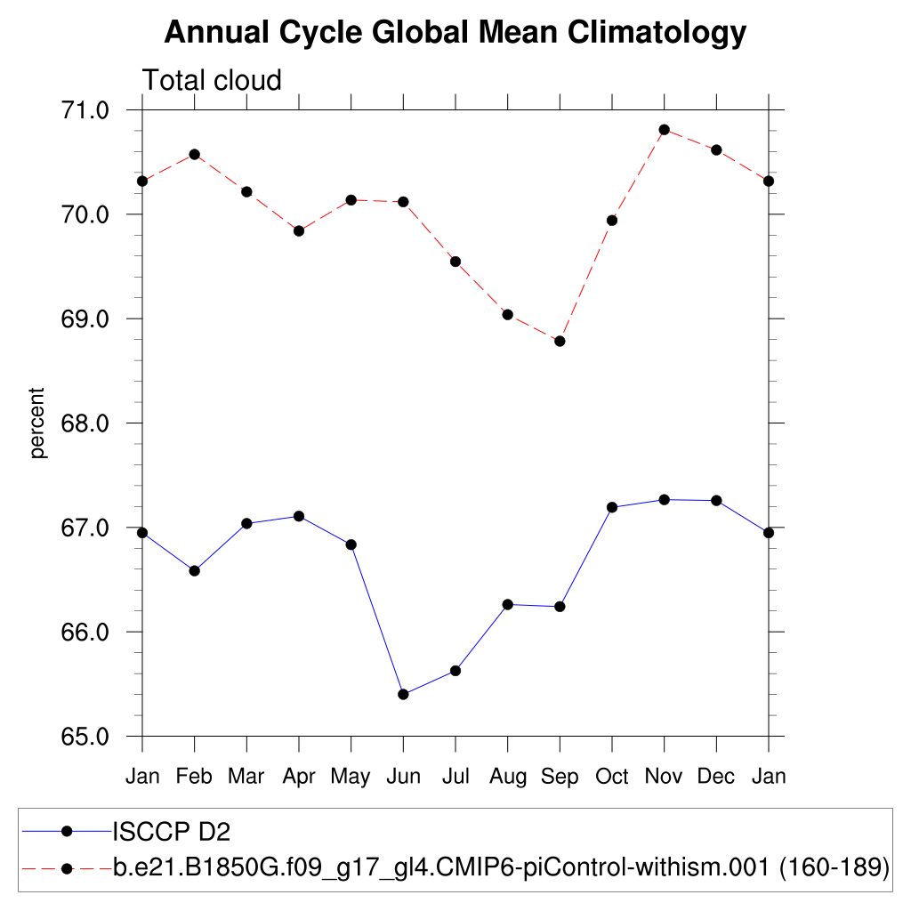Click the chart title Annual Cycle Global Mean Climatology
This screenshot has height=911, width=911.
[x=455, y=33]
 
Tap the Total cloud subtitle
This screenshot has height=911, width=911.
[x=212, y=80]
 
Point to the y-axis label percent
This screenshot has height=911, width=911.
[x=37, y=423]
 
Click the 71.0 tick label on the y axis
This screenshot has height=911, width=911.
[x=84, y=110]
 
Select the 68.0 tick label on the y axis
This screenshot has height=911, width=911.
[x=84, y=423]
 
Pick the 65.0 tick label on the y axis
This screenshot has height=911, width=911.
[x=84, y=737]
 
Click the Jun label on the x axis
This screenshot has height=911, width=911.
[x=403, y=777]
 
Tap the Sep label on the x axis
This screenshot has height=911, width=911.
[x=560, y=777]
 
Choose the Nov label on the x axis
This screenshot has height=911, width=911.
[x=664, y=777]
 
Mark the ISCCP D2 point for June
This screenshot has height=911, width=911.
[x=403, y=694]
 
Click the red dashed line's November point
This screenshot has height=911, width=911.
[x=664, y=130]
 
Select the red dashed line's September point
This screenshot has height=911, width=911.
[x=560, y=342]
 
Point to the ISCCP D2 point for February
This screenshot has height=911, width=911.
[x=194, y=570]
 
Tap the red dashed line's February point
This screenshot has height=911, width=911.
[x=194, y=154]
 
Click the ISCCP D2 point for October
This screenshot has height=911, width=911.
[x=612, y=507]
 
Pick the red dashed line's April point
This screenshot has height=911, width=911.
[x=299, y=230]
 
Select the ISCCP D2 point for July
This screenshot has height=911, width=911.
[x=455, y=671]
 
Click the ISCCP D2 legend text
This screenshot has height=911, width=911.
[x=172, y=832]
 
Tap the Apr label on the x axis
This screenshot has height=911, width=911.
[x=299, y=777]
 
